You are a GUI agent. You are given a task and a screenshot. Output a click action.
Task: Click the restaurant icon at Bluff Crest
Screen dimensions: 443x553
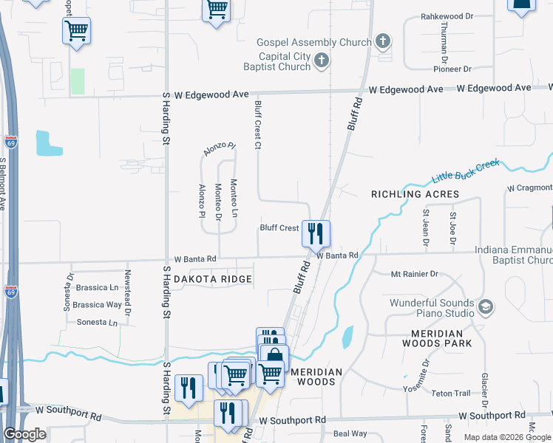point(316,233)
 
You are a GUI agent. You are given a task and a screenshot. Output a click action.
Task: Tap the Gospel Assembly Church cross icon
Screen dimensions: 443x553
point(383,41)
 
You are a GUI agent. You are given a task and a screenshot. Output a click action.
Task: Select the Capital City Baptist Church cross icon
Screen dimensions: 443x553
point(322,61)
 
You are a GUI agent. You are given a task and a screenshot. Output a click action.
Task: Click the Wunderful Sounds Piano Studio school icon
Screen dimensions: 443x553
point(485,306)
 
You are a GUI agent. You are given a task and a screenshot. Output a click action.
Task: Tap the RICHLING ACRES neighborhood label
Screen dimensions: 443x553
point(415,194)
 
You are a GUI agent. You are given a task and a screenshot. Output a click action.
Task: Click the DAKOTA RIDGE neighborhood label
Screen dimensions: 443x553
point(213,279)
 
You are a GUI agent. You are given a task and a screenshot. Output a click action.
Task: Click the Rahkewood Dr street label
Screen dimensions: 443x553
point(447,16)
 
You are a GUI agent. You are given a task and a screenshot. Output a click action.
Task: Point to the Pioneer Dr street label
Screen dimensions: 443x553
point(452,69)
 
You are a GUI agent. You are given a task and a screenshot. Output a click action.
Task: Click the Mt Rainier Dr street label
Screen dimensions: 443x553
point(414,274)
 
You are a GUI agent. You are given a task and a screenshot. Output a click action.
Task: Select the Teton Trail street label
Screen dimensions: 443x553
point(452,393)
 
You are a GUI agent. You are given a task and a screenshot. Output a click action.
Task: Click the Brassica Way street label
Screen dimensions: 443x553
point(98,304)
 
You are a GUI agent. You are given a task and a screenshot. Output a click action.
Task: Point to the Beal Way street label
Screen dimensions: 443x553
point(350,433)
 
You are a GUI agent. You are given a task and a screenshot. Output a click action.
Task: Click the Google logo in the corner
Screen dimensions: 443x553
point(24,434)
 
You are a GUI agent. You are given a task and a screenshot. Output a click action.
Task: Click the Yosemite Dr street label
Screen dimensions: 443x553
point(425,374)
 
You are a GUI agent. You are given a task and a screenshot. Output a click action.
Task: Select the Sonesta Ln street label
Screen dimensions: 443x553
point(98,323)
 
